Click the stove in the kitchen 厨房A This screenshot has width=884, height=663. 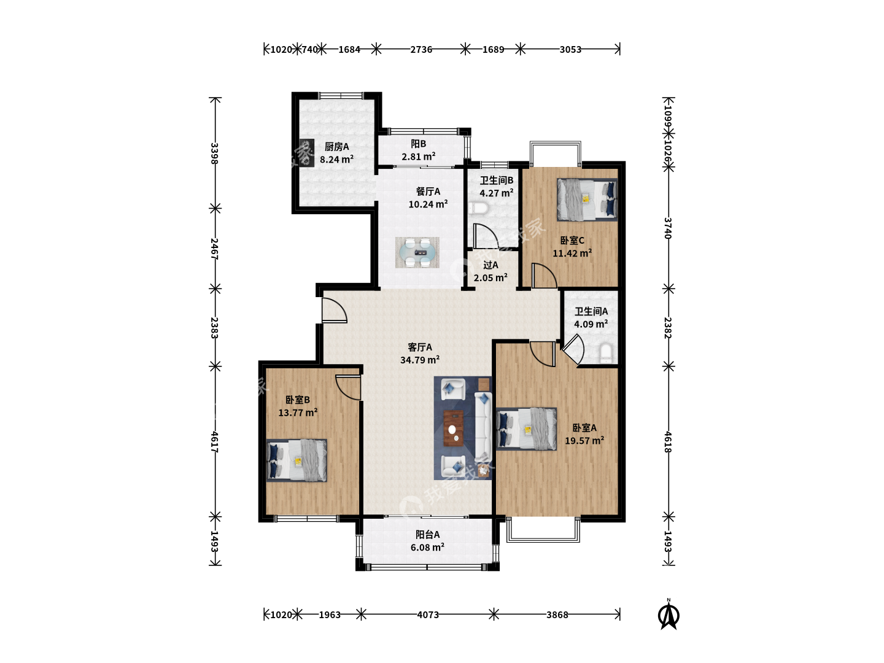point(307,153)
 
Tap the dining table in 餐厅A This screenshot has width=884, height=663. point(417,252)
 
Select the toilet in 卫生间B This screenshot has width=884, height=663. point(478,208)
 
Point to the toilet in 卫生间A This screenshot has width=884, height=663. point(606,353)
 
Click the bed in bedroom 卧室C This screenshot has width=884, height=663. point(587,200)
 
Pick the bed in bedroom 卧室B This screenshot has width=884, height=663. point(297,460)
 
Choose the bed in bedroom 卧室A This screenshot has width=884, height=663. point(526,428)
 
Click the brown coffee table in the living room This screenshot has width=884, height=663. point(454,428)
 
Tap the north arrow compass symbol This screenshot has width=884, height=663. point(669,615)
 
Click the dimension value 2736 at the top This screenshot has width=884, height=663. point(421,50)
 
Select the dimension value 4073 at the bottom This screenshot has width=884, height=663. point(428,615)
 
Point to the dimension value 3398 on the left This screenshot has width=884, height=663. point(215,153)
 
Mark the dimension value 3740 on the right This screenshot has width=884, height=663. point(668,228)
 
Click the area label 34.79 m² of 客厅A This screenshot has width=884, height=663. point(420,360)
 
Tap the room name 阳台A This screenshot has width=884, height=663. point(428,535)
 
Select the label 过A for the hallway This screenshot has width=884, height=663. point(490,265)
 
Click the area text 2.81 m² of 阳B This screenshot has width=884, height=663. point(419,157)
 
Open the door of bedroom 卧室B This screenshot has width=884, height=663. point(348,387)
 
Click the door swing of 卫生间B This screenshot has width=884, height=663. point(486,236)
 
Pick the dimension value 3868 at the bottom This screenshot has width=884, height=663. point(557,615)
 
